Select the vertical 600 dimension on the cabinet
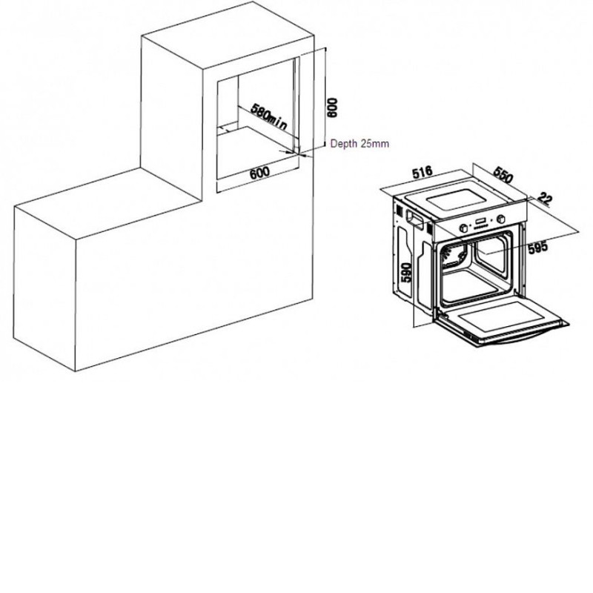click(x=332, y=107)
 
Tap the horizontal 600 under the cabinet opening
click(x=260, y=173)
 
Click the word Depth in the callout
click(x=344, y=144)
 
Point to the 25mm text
click(x=375, y=144)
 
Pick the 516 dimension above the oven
click(x=422, y=173)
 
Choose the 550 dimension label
click(x=503, y=175)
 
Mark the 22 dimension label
click(x=545, y=198)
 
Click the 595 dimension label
click(x=537, y=248)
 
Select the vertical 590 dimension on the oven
click(x=405, y=272)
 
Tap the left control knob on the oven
click(x=463, y=228)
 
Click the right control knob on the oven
click(x=502, y=219)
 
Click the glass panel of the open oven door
click(x=505, y=314)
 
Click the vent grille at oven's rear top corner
click(x=399, y=210)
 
